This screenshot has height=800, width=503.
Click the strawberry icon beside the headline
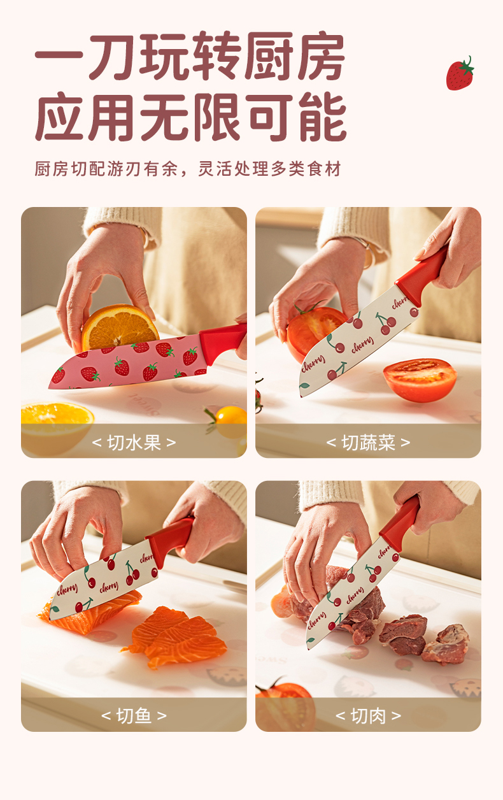pyautogui.click(x=460, y=74)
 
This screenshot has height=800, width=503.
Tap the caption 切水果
pyautogui.click(x=134, y=443)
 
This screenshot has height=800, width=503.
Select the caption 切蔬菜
pyautogui.click(x=368, y=443)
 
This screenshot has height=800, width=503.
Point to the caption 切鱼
pyautogui.click(x=134, y=715)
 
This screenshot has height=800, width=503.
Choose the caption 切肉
pyautogui.click(x=368, y=715)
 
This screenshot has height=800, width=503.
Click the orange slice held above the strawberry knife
pyautogui.click(x=120, y=327)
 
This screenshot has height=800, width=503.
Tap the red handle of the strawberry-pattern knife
pyautogui.click(x=223, y=342)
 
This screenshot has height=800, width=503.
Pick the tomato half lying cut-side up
pyautogui.click(x=420, y=380)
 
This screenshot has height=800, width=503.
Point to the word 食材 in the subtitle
pyautogui.click(x=324, y=169)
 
